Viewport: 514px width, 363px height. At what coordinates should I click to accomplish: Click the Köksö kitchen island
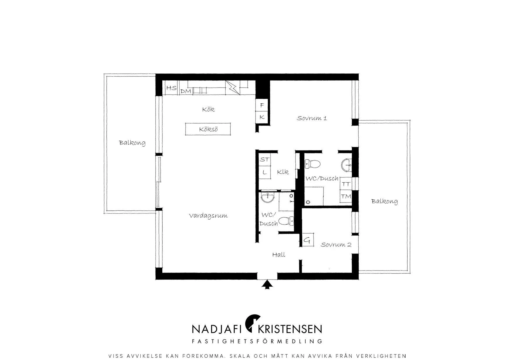click(208, 129)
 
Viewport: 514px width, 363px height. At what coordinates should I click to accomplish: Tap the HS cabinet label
click(171, 88)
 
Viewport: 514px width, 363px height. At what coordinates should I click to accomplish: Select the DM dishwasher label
click(185, 91)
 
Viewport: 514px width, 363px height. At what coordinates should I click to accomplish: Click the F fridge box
click(262, 105)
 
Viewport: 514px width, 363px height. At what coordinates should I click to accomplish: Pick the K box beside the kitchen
click(262, 117)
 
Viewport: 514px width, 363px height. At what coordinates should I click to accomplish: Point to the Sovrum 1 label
click(312, 118)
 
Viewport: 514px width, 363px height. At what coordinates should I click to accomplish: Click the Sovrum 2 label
click(336, 245)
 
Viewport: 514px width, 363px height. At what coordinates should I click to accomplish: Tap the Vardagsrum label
click(208, 216)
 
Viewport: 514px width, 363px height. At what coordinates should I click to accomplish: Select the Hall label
click(279, 255)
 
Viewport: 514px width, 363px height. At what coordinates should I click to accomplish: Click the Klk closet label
click(283, 172)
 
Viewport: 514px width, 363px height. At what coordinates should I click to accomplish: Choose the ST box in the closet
click(265, 160)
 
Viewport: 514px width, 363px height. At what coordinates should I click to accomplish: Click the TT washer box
click(346, 184)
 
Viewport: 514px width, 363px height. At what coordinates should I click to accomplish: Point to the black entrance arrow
click(267, 285)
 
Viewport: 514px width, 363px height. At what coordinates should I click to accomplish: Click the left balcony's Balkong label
click(132, 143)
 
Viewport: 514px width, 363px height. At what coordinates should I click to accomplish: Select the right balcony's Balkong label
click(384, 201)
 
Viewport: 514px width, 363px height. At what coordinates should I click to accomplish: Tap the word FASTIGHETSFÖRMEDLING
click(257, 341)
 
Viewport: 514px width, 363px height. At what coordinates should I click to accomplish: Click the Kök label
click(208, 109)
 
